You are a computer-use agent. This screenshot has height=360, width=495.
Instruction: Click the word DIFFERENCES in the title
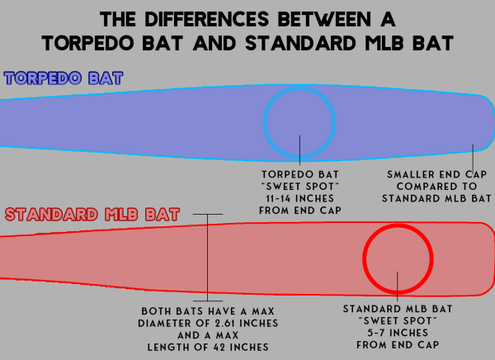[207, 19]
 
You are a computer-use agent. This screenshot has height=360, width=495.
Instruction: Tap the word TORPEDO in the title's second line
[88, 43]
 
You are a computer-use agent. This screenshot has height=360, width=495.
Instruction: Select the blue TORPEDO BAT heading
[64, 78]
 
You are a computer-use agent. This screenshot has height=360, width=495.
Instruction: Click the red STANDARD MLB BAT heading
[92, 215]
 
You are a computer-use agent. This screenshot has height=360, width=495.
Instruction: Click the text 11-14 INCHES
[300, 198]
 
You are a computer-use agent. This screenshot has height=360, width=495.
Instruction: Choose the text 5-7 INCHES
[398, 333]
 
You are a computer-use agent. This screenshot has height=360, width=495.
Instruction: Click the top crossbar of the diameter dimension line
[208, 215]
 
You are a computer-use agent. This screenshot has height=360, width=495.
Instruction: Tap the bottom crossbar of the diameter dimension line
[208, 301]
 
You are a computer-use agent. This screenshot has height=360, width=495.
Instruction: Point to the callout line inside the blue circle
[300, 150]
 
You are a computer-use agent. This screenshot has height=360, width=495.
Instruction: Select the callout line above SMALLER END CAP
[473, 158]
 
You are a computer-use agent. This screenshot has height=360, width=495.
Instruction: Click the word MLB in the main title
[384, 43]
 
